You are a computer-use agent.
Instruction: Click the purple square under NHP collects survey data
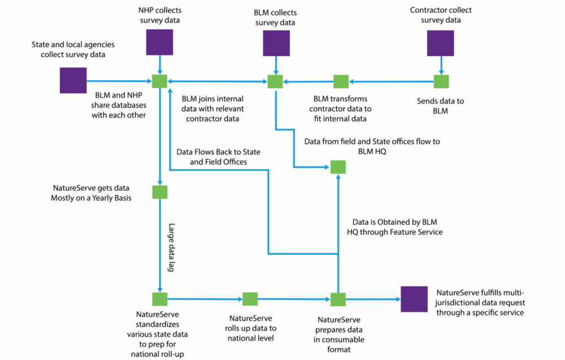(159, 42)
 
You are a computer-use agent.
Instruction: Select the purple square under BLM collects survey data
(276, 44)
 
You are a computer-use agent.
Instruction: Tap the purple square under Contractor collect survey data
(440, 44)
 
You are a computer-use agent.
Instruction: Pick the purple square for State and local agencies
(73, 80)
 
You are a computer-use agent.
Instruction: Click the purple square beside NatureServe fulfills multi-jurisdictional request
(414, 300)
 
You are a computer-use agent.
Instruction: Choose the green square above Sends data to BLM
(441, 81)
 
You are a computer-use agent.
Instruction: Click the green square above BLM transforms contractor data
(341, 81)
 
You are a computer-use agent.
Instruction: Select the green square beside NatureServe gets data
(159, 192)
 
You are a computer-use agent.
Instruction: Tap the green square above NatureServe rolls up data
(250, 299)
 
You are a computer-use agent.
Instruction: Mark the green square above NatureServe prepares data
(338, 299)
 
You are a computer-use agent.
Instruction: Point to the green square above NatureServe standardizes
(159, 299)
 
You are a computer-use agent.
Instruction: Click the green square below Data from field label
(338, 166)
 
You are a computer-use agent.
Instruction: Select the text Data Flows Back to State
(218, 152)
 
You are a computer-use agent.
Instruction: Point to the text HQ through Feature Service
(395, 232)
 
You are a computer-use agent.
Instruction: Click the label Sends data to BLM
(440, 106)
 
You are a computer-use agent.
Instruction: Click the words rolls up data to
(251, 328)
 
